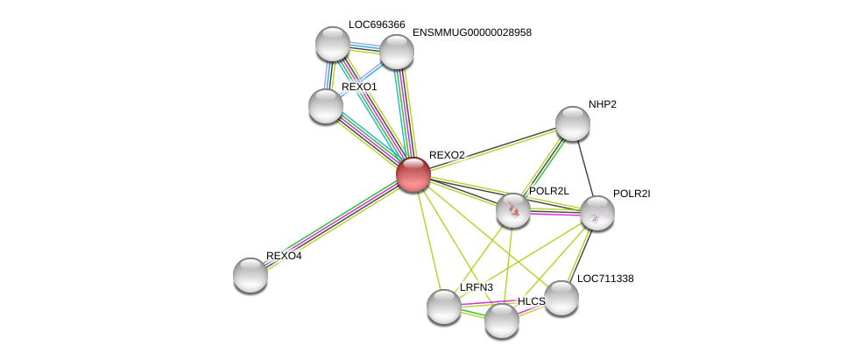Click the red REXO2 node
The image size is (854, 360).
[x=413, y=174]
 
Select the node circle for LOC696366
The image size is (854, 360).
[x=333, y=44]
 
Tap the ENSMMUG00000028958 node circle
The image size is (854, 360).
[x=397, y=52]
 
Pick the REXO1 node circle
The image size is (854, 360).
[x=326, y=106]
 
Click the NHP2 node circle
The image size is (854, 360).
[x=573, y=124]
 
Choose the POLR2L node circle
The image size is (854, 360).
[x=513, y=210]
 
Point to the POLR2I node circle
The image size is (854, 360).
[x=597, y=213]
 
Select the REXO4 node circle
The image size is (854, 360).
[x=251, y=275]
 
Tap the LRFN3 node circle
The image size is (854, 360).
[x=444, y=307]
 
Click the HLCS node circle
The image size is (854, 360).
[x=502, y=321]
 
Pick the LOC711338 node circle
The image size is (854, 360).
[x=561, y=298]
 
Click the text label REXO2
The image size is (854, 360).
[x=447, y=155]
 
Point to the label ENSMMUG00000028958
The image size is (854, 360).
[x=471, y=32]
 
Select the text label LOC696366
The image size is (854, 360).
[x=377, y=25]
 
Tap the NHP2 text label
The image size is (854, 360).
[x=602, y=104]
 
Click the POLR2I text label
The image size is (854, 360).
[x=631, y=194]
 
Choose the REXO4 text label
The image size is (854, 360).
[x=284, y=256]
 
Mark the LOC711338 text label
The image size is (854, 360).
[x=604, y=279]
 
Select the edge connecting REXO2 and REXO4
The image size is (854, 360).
[x=332, y=224]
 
